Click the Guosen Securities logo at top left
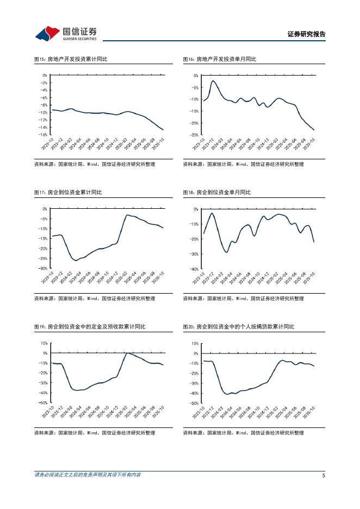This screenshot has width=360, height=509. (66, 33)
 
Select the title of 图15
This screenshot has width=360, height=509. (71, 59)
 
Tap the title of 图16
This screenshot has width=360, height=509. (219, 59)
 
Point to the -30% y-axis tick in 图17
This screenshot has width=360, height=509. (44, 268)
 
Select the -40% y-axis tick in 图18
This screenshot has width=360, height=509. (194, 269)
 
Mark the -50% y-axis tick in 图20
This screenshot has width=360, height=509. (194, 403)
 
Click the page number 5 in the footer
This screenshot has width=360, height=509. (324, 475)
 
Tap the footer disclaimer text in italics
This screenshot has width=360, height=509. (88, 475)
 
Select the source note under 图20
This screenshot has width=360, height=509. (243, 433)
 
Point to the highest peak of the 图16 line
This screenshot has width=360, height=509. (213, 81)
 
